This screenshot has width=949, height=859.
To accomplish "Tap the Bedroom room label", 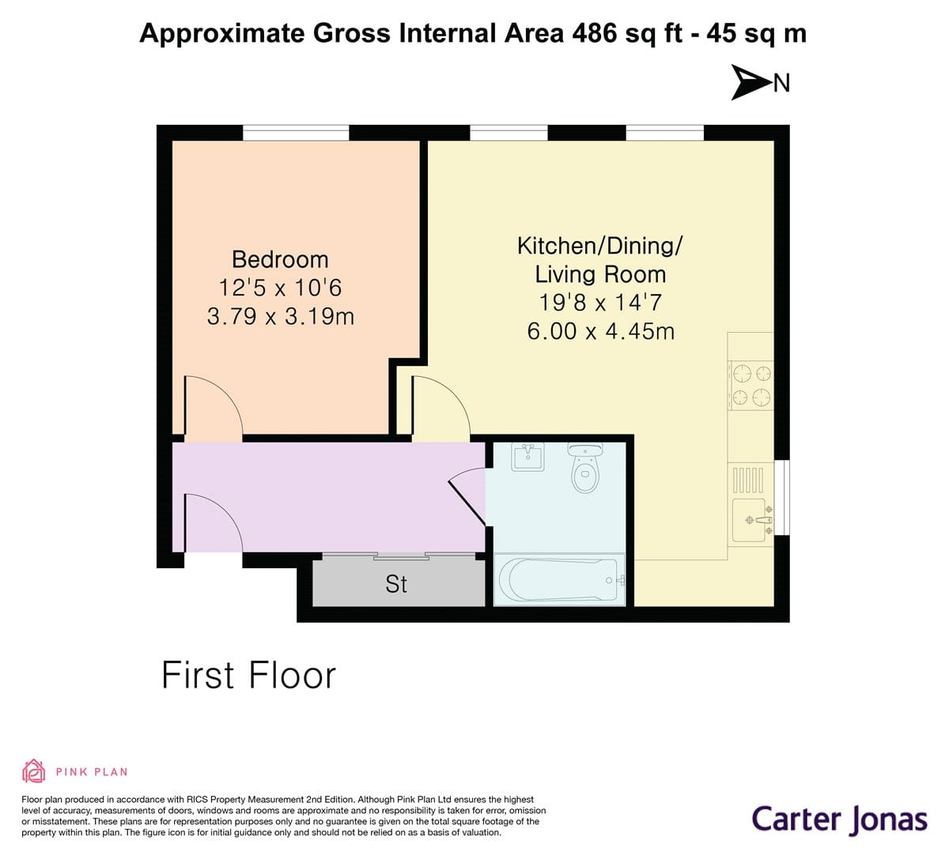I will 280,259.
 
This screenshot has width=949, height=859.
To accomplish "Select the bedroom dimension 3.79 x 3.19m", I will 280,317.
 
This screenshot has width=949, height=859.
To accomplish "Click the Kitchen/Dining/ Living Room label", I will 600,260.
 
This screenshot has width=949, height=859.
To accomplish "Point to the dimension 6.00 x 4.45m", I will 600,330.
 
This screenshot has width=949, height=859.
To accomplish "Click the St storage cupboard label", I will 396,584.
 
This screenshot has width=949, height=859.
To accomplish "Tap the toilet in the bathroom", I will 585,469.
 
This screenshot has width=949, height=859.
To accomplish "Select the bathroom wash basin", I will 527,457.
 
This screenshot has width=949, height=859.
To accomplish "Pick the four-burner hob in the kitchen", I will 751,385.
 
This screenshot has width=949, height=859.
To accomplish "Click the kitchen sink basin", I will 749,520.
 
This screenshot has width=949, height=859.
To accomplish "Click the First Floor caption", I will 248,676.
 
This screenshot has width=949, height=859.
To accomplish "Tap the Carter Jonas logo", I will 838,819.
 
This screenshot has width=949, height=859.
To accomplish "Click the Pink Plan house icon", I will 33,770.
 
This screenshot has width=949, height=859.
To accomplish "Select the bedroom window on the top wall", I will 296,133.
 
